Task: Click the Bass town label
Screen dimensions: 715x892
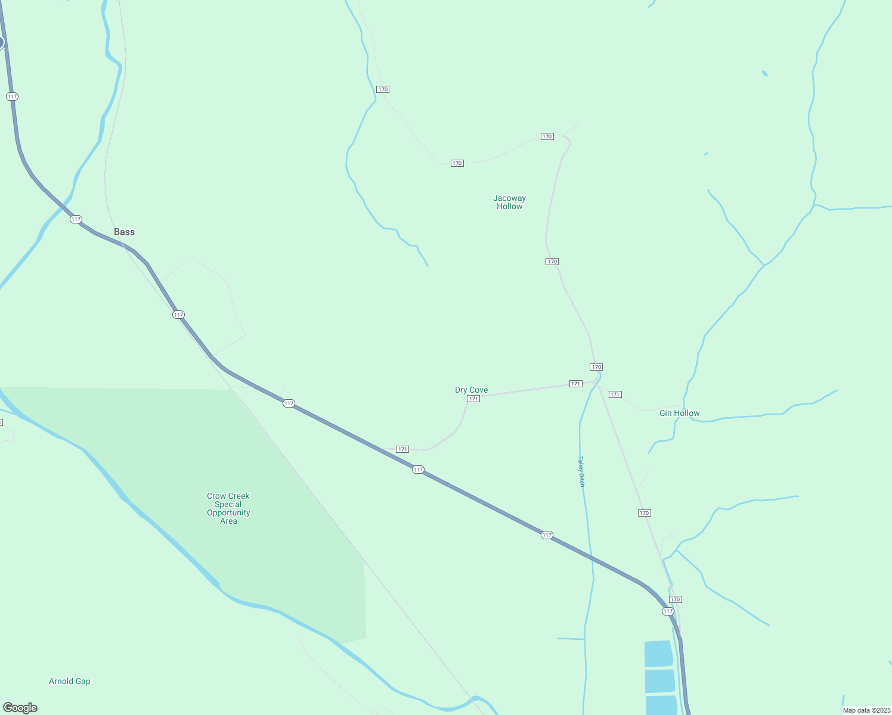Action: coord(124,232)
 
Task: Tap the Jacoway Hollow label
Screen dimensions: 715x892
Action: coord(509,202)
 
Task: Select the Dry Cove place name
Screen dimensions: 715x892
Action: coord(471,390)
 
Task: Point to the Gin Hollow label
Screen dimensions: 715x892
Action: coord(679,413)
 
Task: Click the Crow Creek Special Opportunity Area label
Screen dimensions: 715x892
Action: coord(228,508)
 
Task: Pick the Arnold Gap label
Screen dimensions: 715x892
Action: coord(69,681)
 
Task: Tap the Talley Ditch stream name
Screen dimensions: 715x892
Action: coord(581,471)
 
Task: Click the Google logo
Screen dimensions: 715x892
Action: coord(20,708)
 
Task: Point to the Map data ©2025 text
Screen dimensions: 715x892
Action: coord(866,710)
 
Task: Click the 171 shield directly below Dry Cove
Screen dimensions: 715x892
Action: coord(473,399)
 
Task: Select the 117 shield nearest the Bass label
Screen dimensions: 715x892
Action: coord(76,219)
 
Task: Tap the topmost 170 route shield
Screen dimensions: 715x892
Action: coord(383,89)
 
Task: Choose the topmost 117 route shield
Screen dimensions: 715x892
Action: coord(13,97)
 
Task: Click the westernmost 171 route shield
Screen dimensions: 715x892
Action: coord(402,449)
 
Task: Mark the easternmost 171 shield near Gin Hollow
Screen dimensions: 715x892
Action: coord(615,394)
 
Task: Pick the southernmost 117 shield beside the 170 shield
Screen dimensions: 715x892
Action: coord(668,611)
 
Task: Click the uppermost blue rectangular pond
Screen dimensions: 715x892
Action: coord(658,654)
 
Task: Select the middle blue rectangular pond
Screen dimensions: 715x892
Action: coord(659,681)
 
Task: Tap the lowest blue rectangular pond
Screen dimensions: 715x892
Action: coord(661,705)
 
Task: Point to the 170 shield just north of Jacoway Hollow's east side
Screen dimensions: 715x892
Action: coord(547,136)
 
